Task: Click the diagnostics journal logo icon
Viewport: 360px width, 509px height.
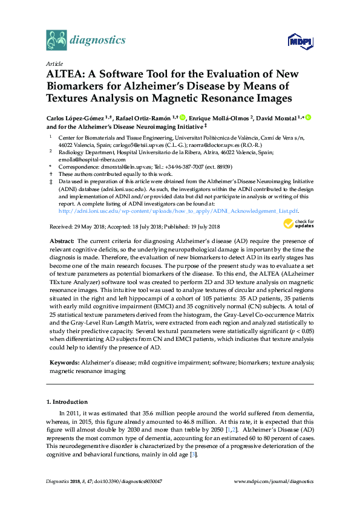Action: pos(56,40)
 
